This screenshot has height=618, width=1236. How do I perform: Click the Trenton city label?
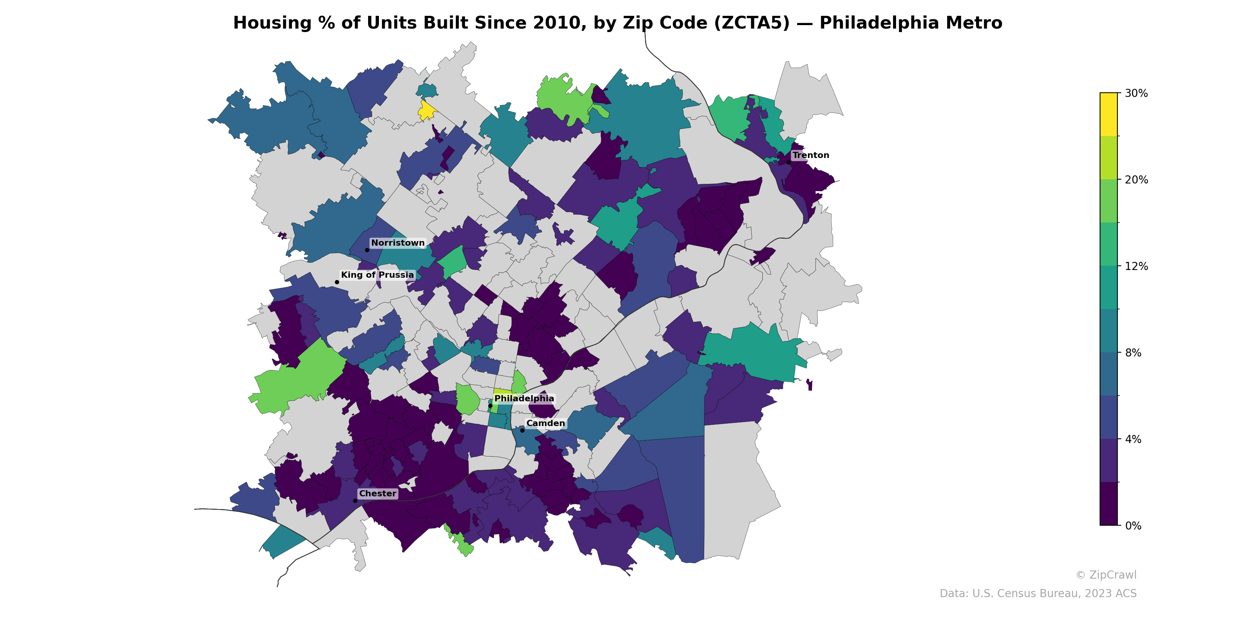(x=810, y=155)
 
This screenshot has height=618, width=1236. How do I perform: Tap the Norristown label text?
(x=398, y=243)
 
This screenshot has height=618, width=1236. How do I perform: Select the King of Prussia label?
(x=377, y=275)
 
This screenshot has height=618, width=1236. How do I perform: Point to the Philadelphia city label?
(x=524, y=398)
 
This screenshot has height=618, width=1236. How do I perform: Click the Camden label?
(x=545, y=423)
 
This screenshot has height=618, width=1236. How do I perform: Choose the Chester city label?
(x=378, y=493)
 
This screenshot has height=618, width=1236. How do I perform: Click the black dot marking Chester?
(x=355, y=501)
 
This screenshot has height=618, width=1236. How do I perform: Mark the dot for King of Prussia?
(x=337, y=282)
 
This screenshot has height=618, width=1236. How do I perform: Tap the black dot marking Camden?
(x=522, y=430)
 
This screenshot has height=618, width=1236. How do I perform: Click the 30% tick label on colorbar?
(x=1136, y=93)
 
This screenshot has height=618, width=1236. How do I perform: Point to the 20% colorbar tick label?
(x=1136, y=180)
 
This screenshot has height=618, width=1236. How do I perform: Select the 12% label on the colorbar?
(x=1136, y=266)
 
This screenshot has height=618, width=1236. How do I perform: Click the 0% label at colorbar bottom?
(x=1133, y=526)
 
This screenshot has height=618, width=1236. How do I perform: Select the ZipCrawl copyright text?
(x=1106, y=575)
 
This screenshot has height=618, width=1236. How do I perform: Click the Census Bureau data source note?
(x=1038, y=594)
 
